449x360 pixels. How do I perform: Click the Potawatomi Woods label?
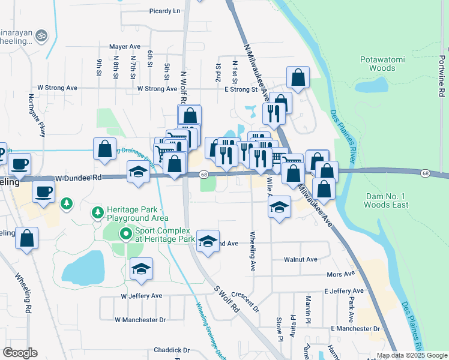(378, 64)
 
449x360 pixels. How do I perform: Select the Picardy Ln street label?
(164, 11)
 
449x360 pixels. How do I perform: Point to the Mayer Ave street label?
(124, 46)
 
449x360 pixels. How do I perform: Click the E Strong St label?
(240, 89)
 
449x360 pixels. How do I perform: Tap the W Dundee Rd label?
(79, 178)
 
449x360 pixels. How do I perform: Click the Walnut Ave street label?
(303, 259)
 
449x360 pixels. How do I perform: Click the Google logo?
(20, 353)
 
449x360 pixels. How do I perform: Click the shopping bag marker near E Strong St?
(298, 77)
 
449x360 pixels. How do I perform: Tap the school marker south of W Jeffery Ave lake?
(141, 269)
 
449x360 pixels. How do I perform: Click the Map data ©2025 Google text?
(411, 355)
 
